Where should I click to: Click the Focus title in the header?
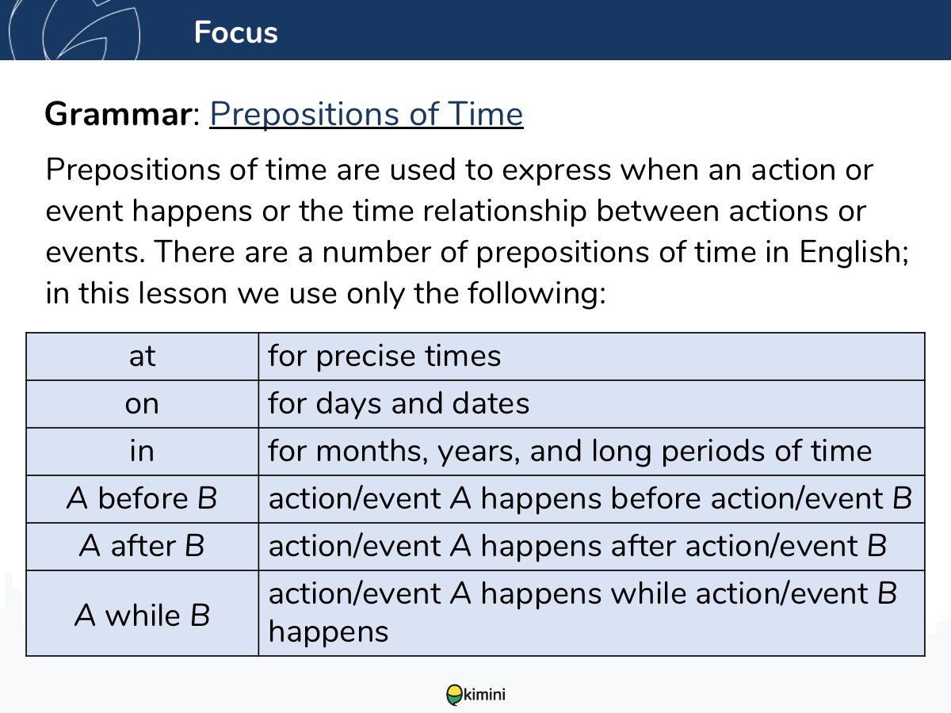click(235, 32)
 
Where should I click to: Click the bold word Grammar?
click(118, 114)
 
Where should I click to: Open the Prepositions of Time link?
click(367, 114)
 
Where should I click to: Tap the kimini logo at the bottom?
click(475, 695)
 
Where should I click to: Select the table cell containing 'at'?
click(143, 356)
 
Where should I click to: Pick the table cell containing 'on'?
click(143, 404)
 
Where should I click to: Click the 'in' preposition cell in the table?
click(143, 452)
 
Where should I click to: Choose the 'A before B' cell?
click(143, 499)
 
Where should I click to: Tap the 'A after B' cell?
click(143, 547)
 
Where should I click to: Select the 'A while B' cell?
click(143, 613)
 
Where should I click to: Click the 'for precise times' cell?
click(592, 356)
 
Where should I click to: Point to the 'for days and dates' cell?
click(592, 404)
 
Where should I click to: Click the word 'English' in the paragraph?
click(854, 253)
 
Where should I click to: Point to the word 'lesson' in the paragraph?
click(183, 293)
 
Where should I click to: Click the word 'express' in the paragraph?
click(556, 171)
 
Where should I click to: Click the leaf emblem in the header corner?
click(74, 29)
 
